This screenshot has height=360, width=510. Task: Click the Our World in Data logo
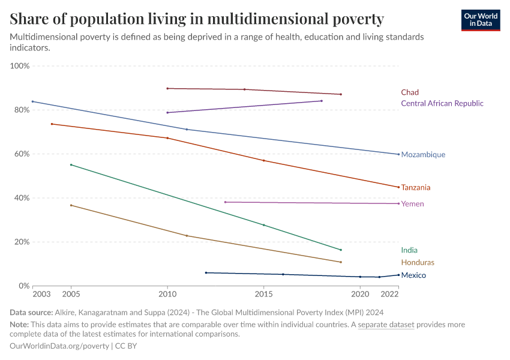point(480,20)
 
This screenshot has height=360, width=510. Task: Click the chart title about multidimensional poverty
point(197,19)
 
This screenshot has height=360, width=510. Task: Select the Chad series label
point(410,92)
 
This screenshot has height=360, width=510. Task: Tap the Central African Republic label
point(442,103)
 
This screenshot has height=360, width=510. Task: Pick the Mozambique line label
point(423,155)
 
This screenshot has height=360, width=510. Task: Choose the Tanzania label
point(416,188)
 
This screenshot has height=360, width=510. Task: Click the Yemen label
point(412,204)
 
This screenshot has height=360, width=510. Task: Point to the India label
point(409,250)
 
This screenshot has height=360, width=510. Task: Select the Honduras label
point(418,263)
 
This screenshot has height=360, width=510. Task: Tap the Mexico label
point(413,275)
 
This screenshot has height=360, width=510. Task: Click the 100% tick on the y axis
point(20,65)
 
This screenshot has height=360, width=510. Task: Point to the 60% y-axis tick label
point(22,154)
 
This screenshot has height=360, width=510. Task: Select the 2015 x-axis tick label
point(263,294)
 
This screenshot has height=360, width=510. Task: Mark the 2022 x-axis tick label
point(390,294)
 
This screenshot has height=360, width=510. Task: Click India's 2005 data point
point(71,164)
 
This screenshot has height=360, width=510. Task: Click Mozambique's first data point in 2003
point(33,101)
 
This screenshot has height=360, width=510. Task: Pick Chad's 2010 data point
point(167,88)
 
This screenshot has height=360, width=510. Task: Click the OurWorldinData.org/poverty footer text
point(59,346)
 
